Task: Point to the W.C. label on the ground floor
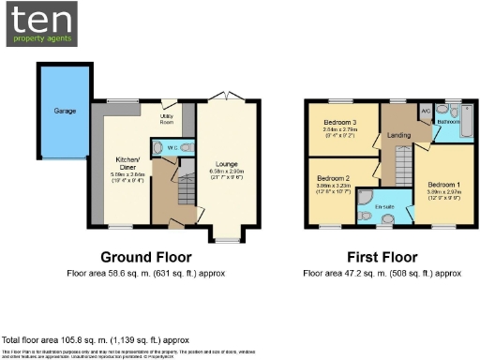point(172,148)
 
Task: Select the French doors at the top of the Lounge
point(222,97)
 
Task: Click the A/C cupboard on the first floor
point(425,110)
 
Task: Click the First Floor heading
point(382,257)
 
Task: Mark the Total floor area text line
point(96,339)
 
